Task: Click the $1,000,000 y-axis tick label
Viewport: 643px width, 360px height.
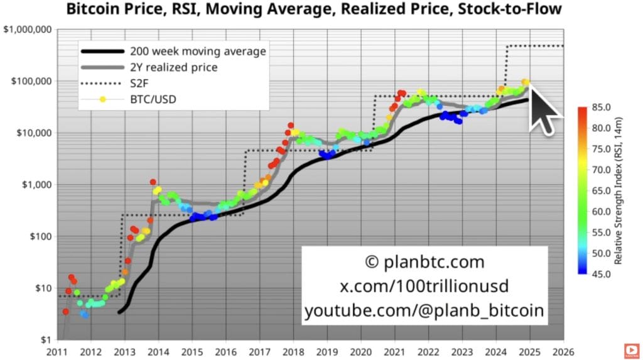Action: (28, 30)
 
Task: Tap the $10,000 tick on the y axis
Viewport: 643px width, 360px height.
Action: (33, 133)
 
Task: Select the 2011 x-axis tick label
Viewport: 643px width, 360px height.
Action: (57, 352)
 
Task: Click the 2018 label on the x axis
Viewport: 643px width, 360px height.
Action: (293, 352)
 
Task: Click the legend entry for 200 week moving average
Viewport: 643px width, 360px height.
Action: (197, 52)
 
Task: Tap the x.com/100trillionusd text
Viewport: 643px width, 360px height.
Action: (424, 286)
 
